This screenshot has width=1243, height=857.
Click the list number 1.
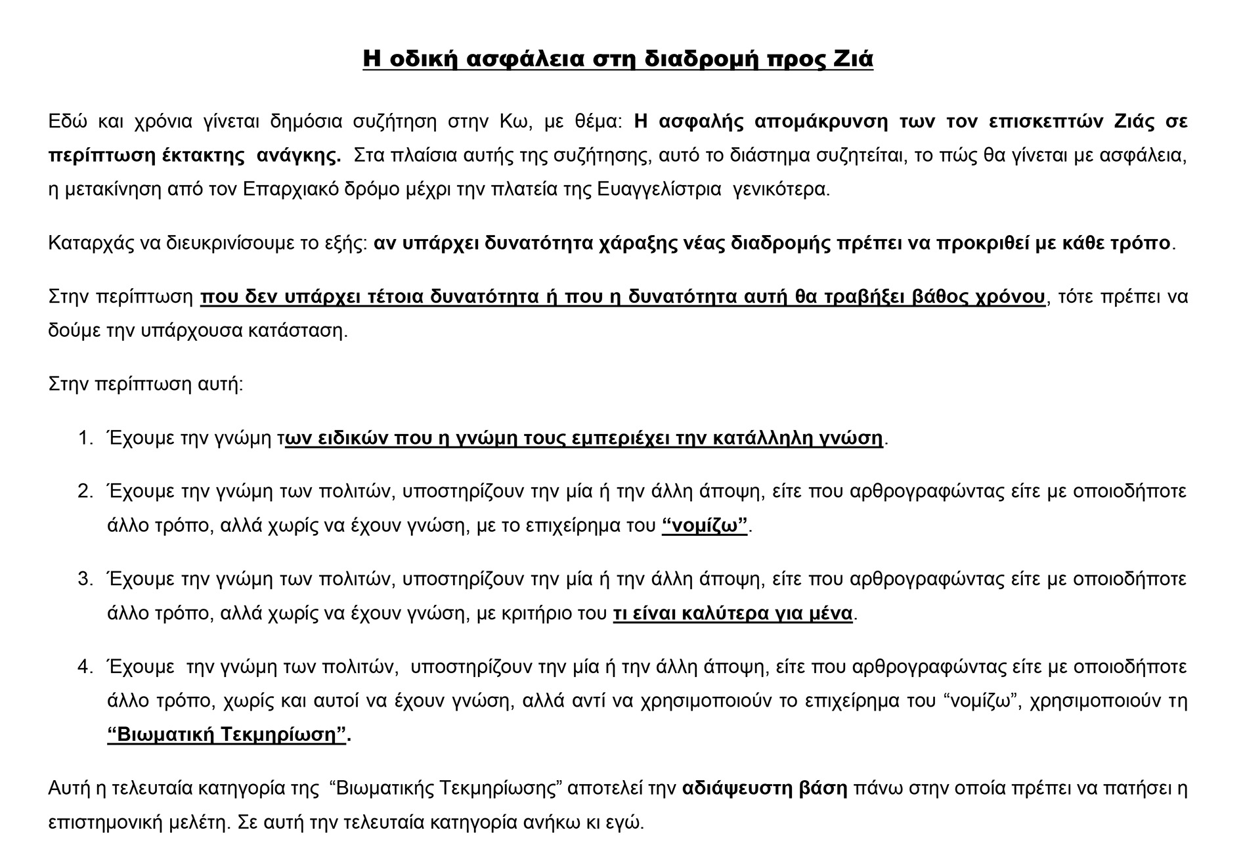click(x=85, y=438)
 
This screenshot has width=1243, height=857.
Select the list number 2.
click(x=85, y=491)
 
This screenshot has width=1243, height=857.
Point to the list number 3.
click(x=85, y=579)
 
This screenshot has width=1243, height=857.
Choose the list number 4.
click(x=85, y=667)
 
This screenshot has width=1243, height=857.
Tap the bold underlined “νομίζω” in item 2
click(x=705, y=525)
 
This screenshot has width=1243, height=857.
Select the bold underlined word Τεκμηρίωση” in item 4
click(x=284, y=734)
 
